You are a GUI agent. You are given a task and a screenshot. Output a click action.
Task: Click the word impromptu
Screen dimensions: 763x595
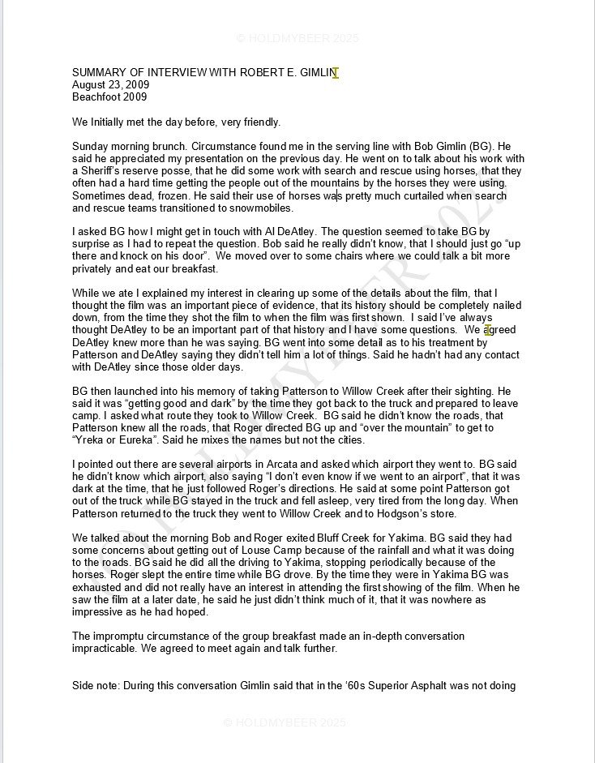click(125, 636)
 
